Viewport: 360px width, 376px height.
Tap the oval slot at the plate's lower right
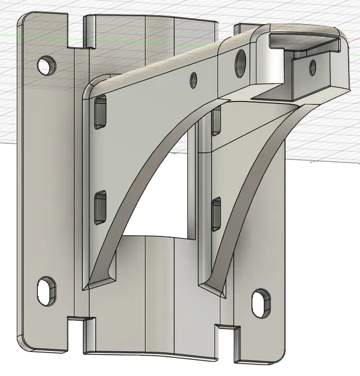[x=261, y=301]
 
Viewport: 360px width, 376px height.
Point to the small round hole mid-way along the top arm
[x=194, y=79]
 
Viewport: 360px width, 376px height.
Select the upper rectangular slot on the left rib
[x=99, y=112]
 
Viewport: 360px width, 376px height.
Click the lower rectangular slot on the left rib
[x=100, y=207]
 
